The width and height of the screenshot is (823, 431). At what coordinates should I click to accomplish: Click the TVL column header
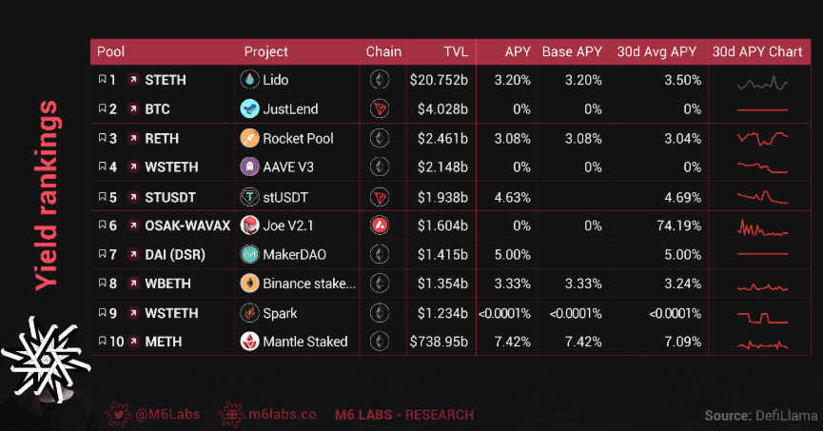(455, 51)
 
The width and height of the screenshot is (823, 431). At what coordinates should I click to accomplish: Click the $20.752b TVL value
(439, 80)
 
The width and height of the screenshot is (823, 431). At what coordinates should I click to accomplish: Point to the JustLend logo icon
(249, 108)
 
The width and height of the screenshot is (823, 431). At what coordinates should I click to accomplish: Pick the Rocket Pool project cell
(298, 138)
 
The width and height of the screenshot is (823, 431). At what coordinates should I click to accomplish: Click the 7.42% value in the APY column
(512, 342)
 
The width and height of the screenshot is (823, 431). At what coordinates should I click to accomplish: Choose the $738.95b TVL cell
(438, 342)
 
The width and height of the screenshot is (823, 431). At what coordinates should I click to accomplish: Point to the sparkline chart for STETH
(762, 82)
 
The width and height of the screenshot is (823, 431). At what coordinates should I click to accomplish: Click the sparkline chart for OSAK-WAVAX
(762, 227)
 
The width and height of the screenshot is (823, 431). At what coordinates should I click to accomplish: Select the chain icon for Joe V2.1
(380, 225)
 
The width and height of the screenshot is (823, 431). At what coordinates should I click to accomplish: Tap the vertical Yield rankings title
(46, 195)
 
